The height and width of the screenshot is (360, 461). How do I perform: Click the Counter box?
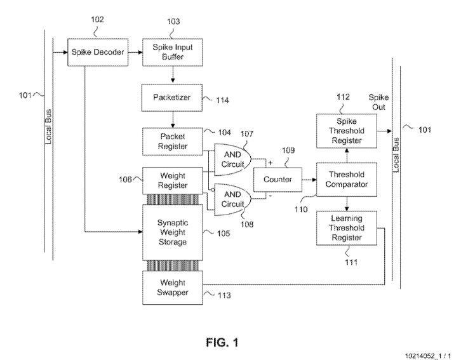277,180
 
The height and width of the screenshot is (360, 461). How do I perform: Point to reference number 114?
221,100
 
